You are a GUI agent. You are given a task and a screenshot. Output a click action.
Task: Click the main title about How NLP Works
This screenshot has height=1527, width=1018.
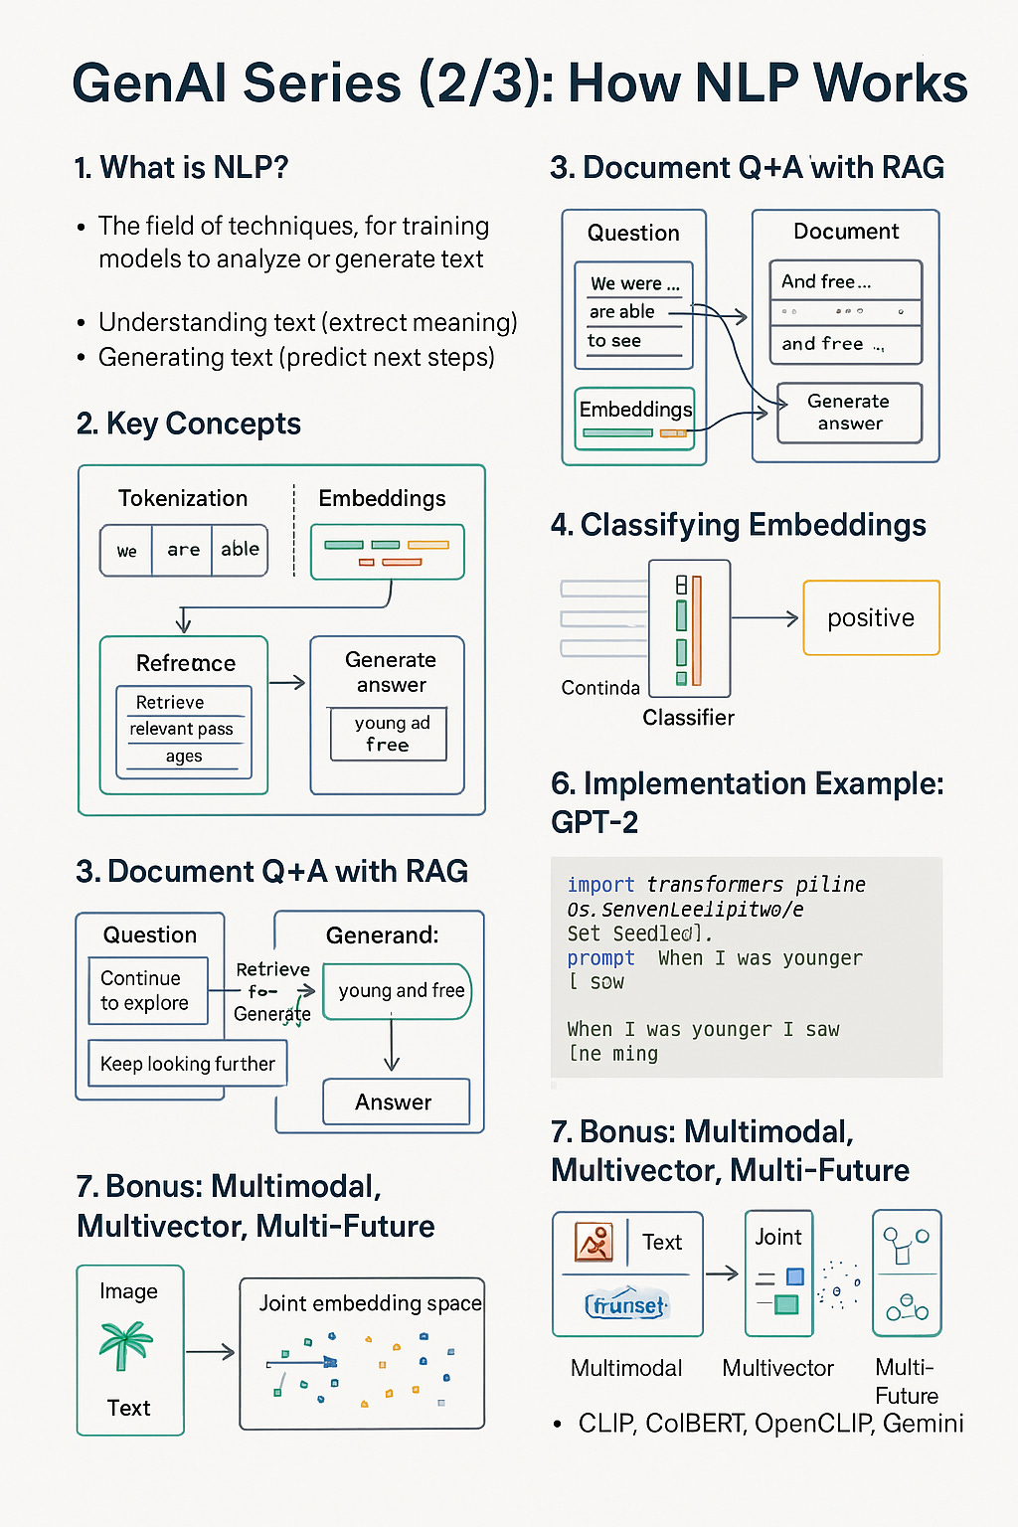coord(519,84)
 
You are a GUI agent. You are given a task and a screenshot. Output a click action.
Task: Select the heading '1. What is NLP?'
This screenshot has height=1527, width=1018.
coord(181,168)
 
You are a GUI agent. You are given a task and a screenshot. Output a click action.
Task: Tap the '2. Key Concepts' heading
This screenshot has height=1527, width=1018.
coord(188,424)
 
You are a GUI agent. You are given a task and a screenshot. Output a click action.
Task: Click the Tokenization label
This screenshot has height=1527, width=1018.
coord(183,498)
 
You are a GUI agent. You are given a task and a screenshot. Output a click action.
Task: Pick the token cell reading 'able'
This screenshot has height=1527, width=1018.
coord(240,550)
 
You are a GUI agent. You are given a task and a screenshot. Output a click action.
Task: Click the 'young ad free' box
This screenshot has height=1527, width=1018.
coord(388,734)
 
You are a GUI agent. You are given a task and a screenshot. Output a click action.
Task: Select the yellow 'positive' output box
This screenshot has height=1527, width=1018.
coord(871,618)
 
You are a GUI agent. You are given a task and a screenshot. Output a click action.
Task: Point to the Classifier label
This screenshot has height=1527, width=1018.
coord(688,718)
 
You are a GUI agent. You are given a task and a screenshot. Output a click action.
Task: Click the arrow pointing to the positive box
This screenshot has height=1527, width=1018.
coord(765,618)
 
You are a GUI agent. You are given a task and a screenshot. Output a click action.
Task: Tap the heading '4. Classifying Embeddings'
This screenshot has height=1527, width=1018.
coord(739,525)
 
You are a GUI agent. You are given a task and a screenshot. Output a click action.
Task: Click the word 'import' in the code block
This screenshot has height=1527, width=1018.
coord(600,885)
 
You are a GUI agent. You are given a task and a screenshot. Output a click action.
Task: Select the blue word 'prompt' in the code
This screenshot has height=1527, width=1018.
coord(600,958)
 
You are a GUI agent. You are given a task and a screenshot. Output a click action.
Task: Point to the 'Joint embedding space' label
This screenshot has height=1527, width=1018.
coord(370,1303)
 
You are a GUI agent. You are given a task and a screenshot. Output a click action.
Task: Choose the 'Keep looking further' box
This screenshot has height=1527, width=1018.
coord(187,1064)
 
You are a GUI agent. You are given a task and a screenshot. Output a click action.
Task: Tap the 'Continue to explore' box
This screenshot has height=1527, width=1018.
coord(147,990)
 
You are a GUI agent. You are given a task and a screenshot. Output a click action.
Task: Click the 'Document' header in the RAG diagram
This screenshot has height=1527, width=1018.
coord(846,232)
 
